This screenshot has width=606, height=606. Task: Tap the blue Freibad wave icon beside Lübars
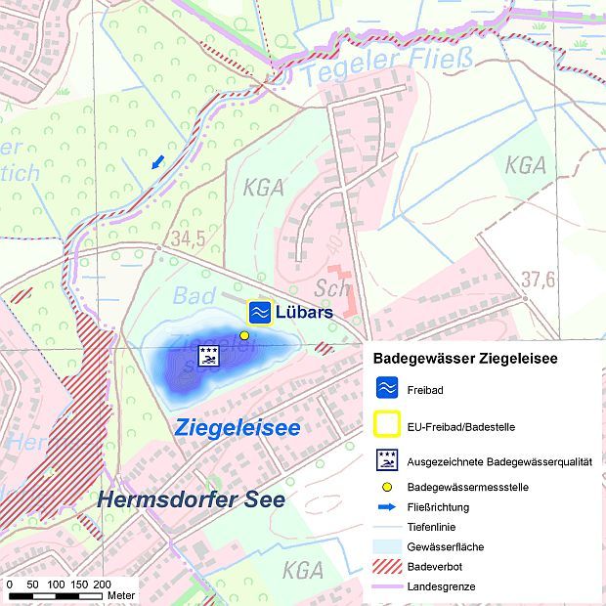tap(259, 312)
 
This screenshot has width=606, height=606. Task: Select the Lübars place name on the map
tap(304, 313)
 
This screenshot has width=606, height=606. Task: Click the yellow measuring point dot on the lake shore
tap(244, 335)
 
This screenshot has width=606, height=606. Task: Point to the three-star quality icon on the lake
tap(208, 355)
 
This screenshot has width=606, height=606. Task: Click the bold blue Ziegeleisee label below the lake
tap(237, 428)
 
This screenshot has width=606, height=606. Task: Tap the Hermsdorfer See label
tap(191, 499)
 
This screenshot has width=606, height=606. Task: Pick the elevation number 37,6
tap(538, 281)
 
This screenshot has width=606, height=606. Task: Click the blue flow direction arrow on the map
tap(157, 162)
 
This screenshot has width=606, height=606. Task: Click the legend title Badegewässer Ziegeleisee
tap(465, 359)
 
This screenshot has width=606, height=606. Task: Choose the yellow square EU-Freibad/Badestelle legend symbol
tap(387, 426)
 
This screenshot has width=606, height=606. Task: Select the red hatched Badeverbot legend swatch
tap(387, 566)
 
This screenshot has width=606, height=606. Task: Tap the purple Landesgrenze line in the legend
tap(387, 585)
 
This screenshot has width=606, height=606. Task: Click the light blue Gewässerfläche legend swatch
tap(387, 546)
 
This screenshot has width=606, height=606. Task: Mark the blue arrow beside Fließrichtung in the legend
tap(387, 506)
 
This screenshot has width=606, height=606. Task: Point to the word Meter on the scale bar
tap(121, 595)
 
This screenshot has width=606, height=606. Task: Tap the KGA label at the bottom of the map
tap(302, 570)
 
